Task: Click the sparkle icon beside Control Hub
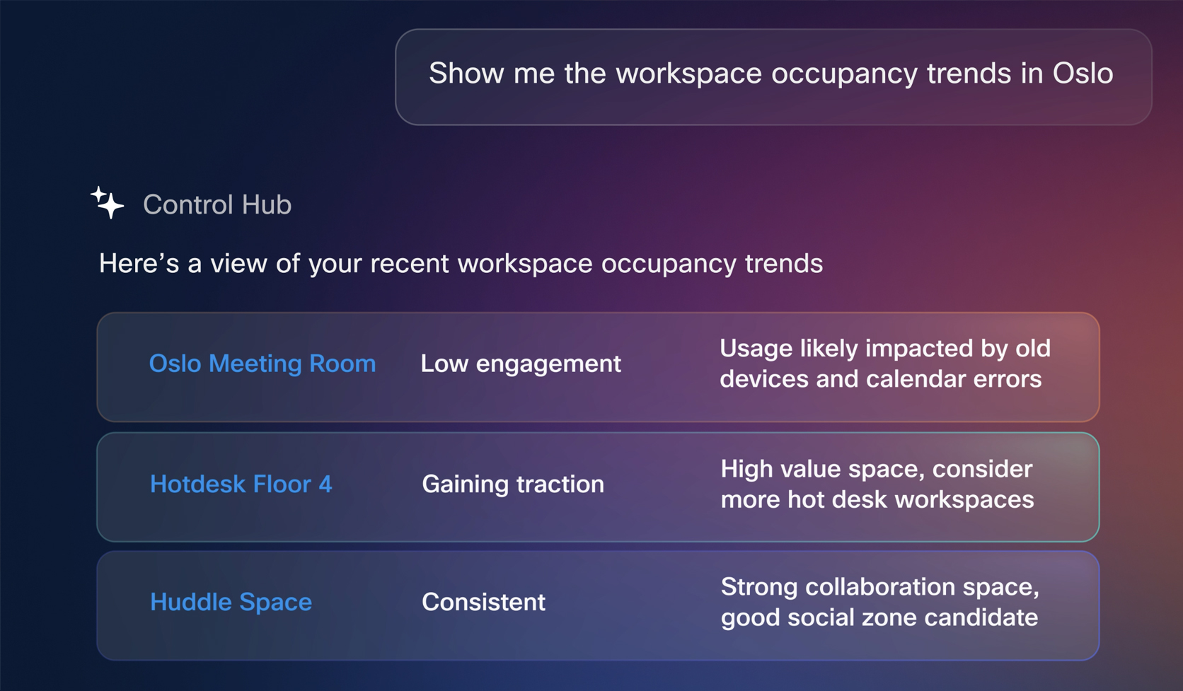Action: pos(108,202)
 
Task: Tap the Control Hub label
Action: pos(217,204)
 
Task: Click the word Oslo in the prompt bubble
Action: pos(1083,73)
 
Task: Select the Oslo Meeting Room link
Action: pos(262,364)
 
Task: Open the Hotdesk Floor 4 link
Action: pos(241,484)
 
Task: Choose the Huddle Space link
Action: pos(231,603)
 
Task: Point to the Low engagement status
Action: pos(521,364)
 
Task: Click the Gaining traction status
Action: pos(513,484)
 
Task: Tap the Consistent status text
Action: pos(483,602)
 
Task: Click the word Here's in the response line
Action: pos(139,263)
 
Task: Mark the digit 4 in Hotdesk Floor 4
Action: pos(325,484)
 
